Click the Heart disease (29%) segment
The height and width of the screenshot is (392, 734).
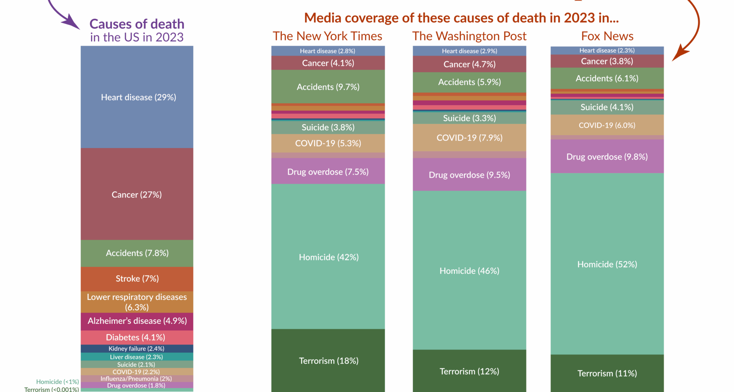(x=137, y=97)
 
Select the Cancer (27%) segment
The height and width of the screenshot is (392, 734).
(x=137, y=194)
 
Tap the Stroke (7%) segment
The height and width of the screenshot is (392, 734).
(x=137, y=279)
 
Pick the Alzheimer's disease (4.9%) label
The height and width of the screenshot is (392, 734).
(x=137, y=321)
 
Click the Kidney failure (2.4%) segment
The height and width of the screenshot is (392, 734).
(x=137, y=349)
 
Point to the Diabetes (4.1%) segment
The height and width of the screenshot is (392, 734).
(x=137, y=337)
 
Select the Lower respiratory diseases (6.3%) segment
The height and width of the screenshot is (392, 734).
(x=137, y=302)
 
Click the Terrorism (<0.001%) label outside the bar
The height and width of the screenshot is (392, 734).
(x=52, y=389)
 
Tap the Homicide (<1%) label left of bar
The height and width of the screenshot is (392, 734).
(x=57, y=382)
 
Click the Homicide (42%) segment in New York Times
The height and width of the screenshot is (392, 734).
(x=328, y=257)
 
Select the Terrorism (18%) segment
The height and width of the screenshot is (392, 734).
(x=328, y=361)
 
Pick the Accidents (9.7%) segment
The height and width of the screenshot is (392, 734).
(x=328, y=87)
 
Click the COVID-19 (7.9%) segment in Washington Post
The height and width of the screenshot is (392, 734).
(x=469, y=138)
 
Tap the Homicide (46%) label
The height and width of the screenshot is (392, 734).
(x=469, y=271)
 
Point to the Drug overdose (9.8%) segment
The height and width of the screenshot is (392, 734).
(x=607, y=157)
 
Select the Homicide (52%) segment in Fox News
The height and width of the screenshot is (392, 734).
(x=607, y=265)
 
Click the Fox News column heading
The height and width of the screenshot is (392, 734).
(x=607, y=36)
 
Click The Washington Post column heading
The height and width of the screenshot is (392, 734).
(x=469, y=36)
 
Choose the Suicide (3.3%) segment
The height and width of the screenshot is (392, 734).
(x=469, y=118)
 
